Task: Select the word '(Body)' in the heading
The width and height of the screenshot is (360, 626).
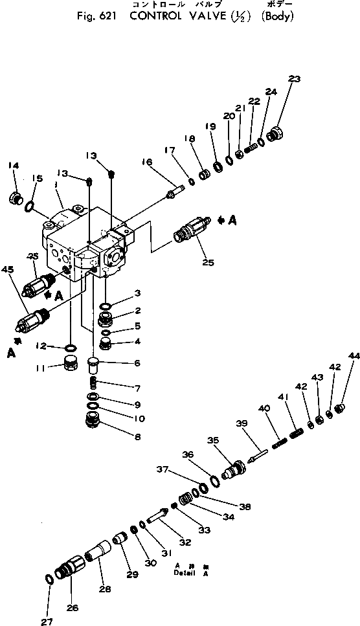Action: pyautogui.click(x=276, y=16)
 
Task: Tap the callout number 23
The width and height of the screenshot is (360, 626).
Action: pyautogui.click(x=295, y=79)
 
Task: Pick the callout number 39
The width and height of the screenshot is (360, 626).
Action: pyautogui.click(x=242, y=423)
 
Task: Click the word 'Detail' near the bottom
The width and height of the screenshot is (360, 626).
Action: pyautogui.click(x=185, y=572)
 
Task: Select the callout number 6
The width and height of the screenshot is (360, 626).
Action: pyautogui.click(x=137, y=363)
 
